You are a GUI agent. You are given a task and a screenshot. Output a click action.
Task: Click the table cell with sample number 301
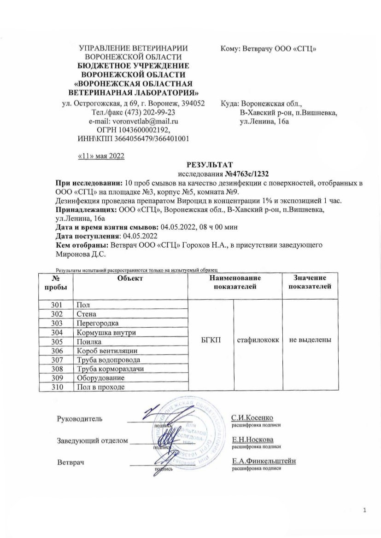(62, 305)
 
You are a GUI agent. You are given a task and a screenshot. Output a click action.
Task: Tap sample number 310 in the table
(62, 387)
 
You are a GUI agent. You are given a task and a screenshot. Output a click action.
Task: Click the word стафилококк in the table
(258, 341)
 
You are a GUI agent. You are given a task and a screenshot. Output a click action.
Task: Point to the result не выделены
(310, 341)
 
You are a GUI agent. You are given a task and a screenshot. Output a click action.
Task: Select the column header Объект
(130, 278)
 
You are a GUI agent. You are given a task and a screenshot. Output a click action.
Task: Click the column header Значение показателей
(310, 282)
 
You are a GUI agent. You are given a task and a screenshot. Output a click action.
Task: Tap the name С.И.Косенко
(252, 417)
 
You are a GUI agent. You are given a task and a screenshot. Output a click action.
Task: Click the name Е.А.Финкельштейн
(264, 461)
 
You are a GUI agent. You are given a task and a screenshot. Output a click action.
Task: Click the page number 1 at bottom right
(364, 510)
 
